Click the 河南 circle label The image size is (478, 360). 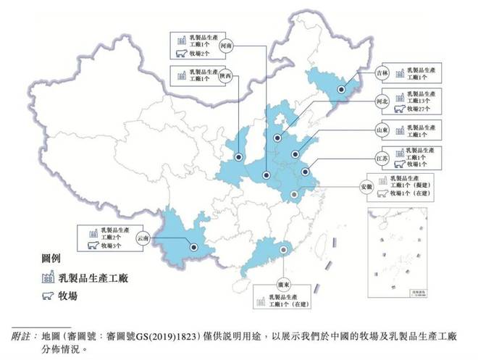(x=225, y=45)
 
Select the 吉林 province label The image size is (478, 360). (x=382, y=73)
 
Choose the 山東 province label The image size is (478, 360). (x=382, y=130)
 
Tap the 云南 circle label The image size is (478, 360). (x=142, y=238)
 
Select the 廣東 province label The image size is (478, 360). (x=284, y=284)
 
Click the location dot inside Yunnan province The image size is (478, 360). (x=194, y=248)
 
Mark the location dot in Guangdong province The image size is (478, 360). (x=283, y=250)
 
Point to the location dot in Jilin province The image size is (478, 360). (x=340, y=90)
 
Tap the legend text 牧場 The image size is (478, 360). (x=68, y=296)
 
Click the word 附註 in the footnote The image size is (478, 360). (x=22, y=336)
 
